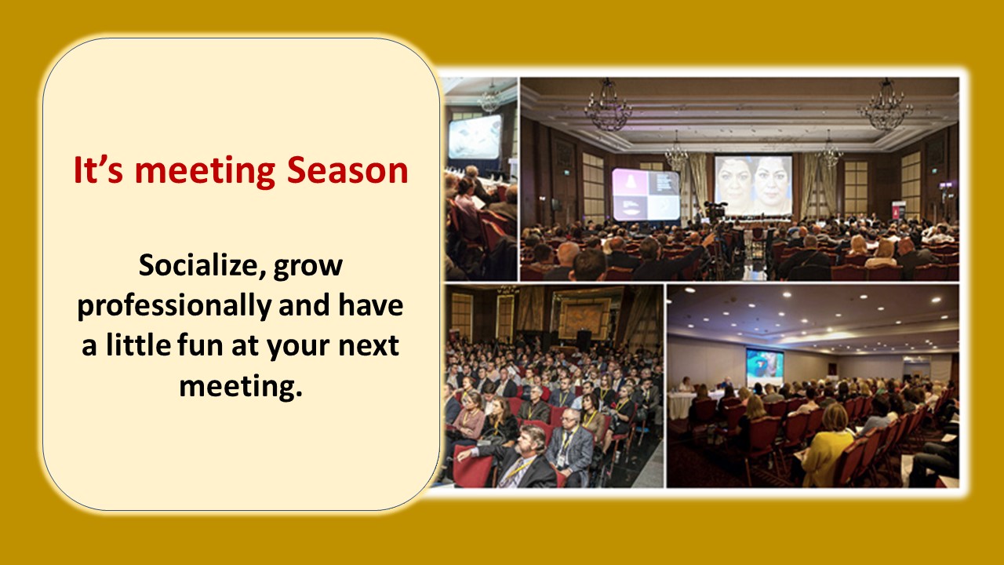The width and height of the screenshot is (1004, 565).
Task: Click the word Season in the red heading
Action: click(x=347, y=170)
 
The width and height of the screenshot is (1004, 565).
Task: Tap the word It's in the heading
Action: click(x=98, y=170)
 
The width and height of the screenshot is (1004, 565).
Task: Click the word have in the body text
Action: click(x=370, y=305)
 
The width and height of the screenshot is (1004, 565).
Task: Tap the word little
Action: click(x=138, y=344)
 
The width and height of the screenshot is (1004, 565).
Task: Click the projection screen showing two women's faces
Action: click(x=753, y=184)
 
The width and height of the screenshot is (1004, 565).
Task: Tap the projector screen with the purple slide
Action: click(x=646, y=195)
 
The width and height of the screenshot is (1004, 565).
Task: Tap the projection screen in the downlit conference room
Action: click(x=765, y=366)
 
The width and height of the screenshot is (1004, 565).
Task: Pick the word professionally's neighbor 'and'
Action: click(x=304, y=305)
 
